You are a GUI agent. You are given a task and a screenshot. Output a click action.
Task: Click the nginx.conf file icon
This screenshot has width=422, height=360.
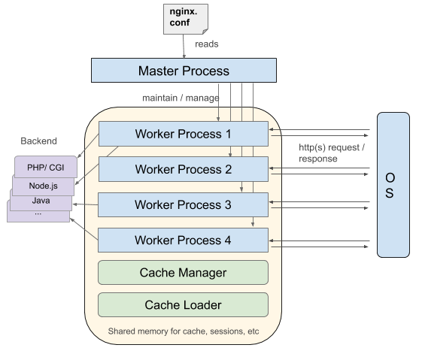pos(186,19)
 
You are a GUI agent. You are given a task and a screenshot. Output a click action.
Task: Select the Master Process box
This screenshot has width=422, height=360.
pos(184,70)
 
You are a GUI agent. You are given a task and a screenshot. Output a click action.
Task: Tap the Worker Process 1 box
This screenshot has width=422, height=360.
pos(184,134)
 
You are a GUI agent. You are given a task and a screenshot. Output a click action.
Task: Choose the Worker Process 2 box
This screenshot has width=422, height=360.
pos(184,169)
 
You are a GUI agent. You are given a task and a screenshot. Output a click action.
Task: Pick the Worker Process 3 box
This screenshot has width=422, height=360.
pos(183,204)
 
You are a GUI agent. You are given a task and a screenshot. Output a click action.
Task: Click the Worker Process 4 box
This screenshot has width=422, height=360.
pos(183,240)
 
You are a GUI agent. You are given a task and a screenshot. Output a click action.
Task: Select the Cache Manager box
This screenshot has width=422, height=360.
pos(183,272)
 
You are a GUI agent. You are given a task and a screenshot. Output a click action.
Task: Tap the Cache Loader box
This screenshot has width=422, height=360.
pos(183,304)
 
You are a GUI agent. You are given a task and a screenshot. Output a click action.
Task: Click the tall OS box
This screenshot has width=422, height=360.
pos(393,185)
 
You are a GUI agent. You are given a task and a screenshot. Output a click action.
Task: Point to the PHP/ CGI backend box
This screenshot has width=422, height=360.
pos(46,167)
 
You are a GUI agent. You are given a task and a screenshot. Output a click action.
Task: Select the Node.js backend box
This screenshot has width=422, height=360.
pos(43,186)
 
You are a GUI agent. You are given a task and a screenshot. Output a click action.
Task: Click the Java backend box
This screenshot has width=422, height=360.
pos(41,201)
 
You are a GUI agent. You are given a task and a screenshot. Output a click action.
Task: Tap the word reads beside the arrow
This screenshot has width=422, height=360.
pos(206,44)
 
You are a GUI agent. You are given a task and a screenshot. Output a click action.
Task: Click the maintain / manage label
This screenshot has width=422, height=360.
pos(181,98)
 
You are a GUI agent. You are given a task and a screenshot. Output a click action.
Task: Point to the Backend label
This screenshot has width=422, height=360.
pos(39,141)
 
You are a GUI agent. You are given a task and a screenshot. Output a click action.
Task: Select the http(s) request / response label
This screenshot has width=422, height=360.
pos(332,153)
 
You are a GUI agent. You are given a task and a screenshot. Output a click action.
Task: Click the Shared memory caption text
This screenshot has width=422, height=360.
pos(184,331)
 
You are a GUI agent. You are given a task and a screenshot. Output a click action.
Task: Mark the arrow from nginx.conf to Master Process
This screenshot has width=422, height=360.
pos(184,47)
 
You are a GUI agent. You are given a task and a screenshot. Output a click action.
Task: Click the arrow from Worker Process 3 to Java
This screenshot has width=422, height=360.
pos(85,204)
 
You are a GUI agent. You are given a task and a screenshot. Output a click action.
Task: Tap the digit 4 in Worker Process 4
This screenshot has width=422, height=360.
pos(228,240)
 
